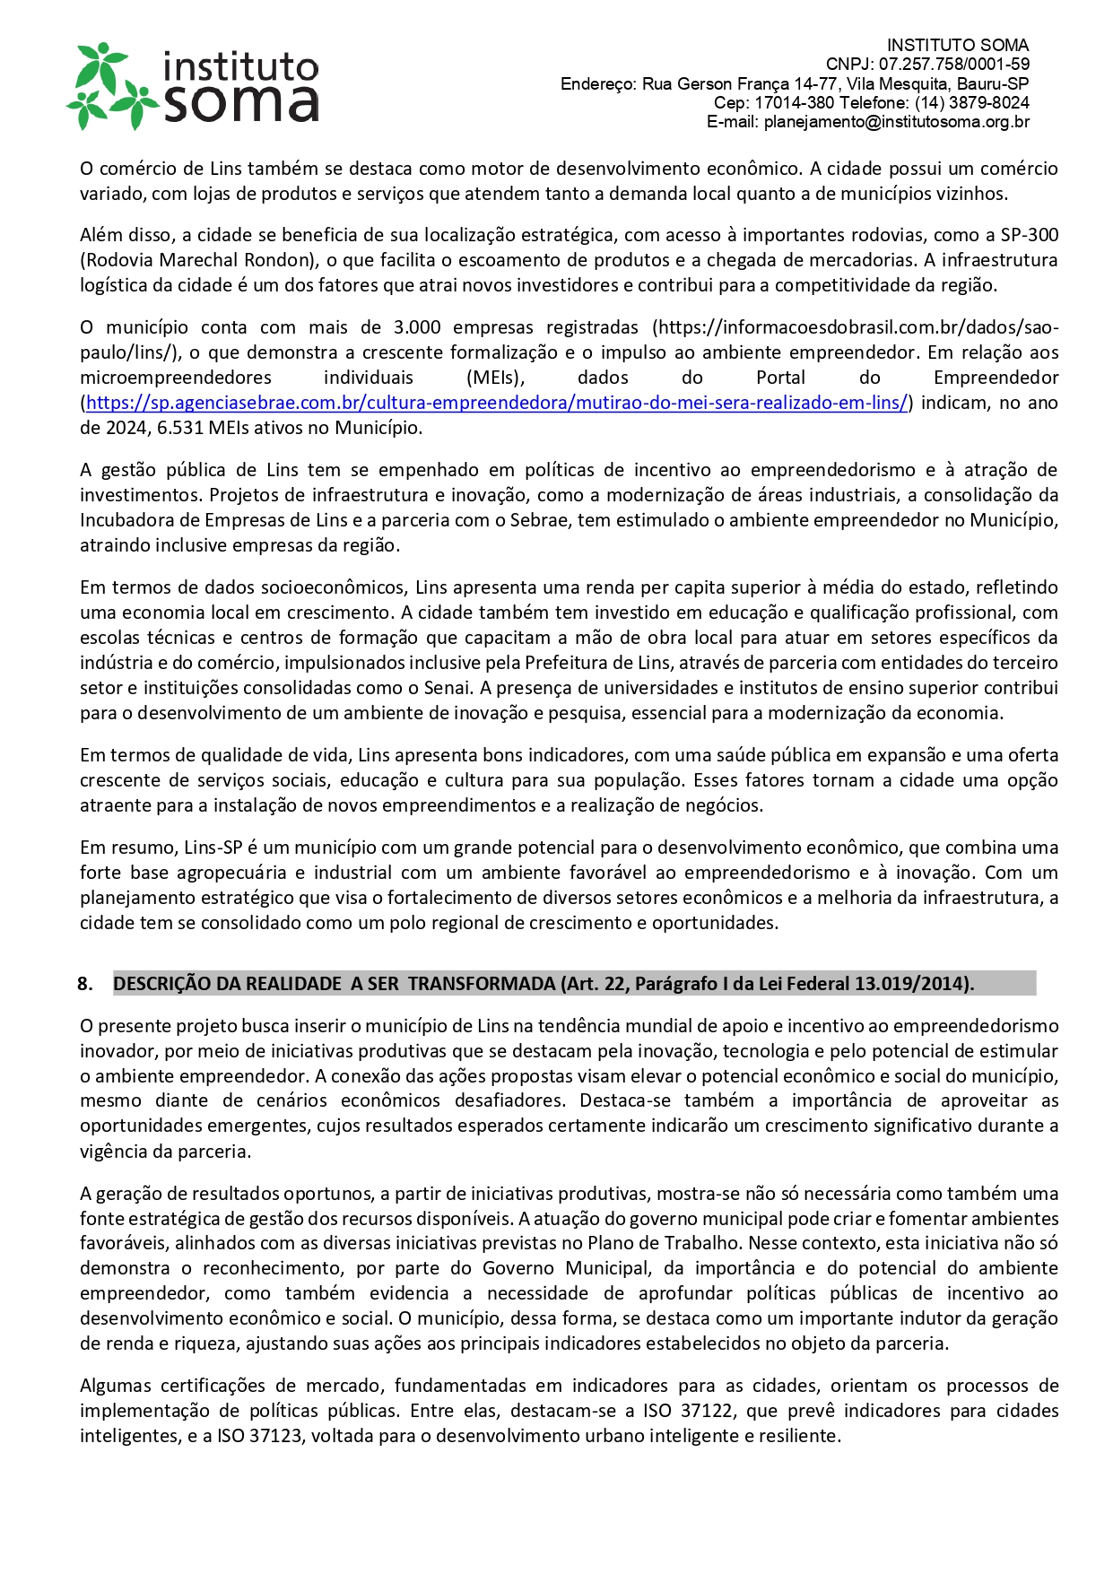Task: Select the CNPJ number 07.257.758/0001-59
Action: [953, 65]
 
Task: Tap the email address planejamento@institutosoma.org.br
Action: [896, 122]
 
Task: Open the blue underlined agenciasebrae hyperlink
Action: [497, 403]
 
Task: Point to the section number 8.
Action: [85, 984]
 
